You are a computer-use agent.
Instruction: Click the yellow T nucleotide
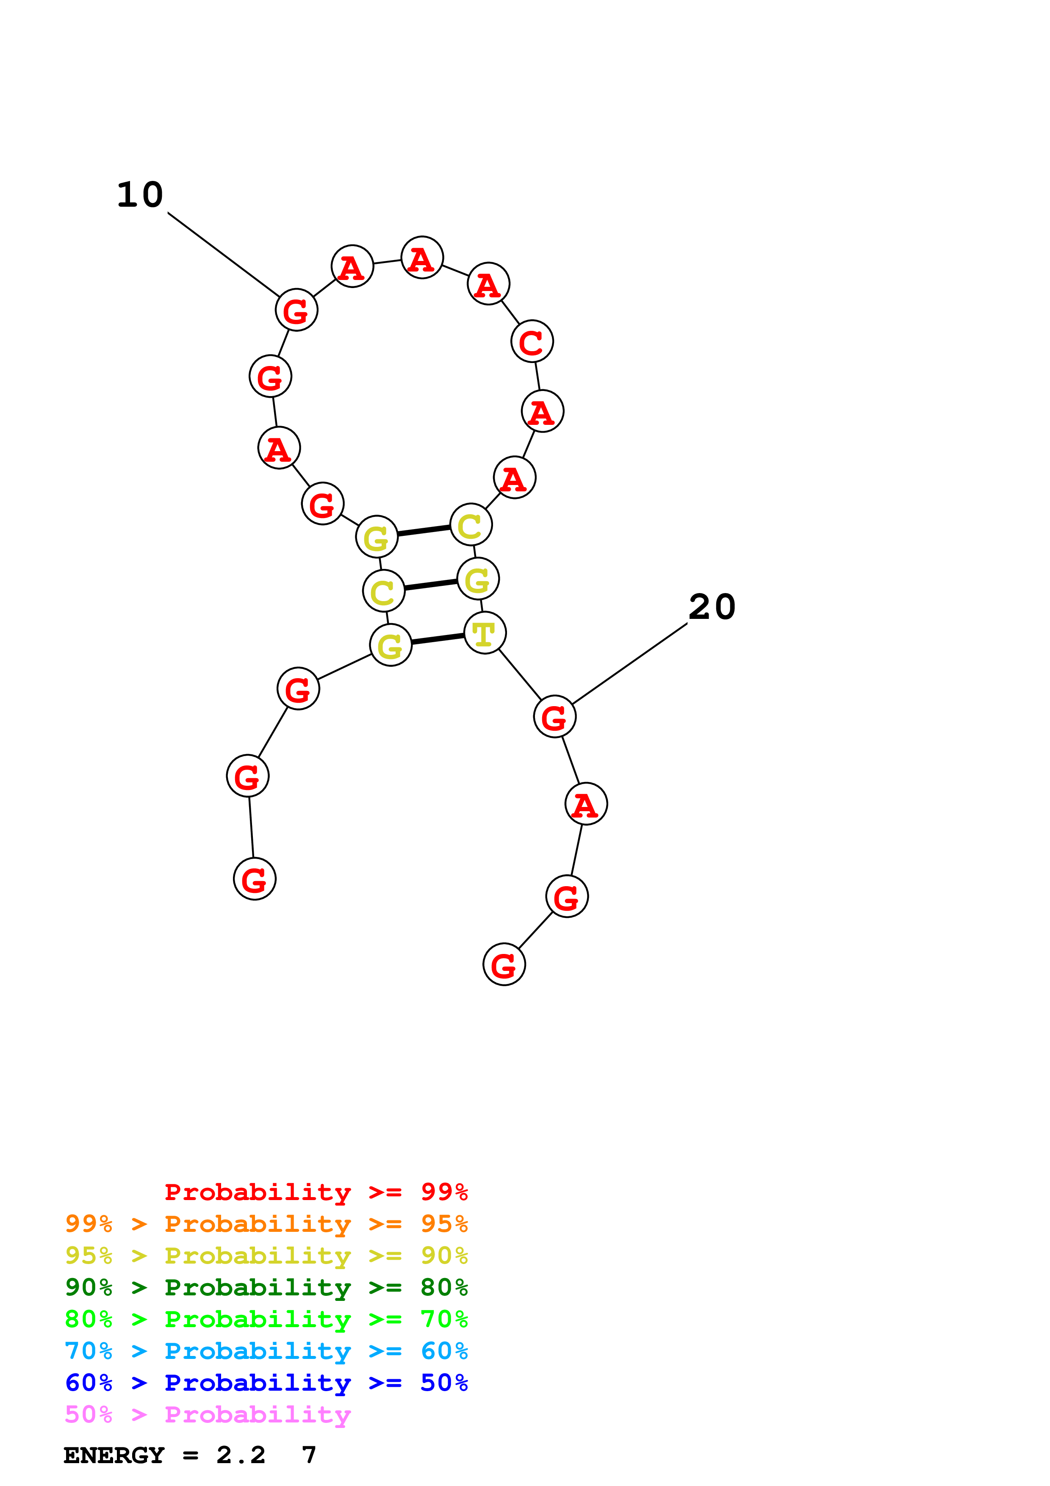point(485,633)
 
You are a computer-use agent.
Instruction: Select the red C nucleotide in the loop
point(532,342)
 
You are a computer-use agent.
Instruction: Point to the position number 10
point(140,195)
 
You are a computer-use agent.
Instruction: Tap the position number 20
point(712,607)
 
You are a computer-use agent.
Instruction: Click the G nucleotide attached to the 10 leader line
point(296,310)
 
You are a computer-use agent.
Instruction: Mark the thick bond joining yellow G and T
point(438,640)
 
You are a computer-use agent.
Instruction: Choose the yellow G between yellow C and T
point(477,579)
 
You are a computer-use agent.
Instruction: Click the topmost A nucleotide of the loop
point(422,258)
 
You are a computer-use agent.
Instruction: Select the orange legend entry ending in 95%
point(266,1224)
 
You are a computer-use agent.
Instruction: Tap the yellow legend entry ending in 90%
point(266,1256)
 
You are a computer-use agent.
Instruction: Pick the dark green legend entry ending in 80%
point(266,1287)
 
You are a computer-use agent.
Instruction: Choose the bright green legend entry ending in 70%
point(266,1319)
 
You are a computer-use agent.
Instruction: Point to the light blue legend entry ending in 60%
point(266,1351)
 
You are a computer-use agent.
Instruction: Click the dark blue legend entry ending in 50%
point(266,1383)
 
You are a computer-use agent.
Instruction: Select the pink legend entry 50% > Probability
point(208,1414)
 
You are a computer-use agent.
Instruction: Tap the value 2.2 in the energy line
point(241,1456)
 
